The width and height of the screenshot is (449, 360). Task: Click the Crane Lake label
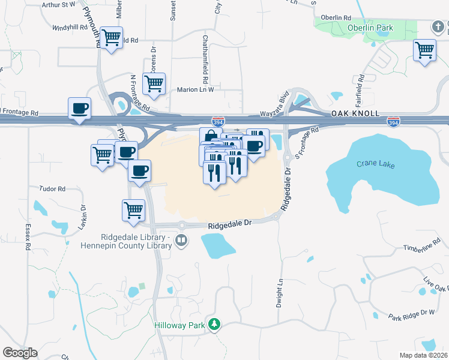coord(375,164)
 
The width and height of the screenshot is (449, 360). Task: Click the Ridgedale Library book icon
coord(181,241)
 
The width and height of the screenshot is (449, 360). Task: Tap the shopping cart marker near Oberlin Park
coord(424,49)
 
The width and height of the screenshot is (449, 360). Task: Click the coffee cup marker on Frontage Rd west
coord(79,109)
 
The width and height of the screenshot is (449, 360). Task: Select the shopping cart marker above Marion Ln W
coord(154,83)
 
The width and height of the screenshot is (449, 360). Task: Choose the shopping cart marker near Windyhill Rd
coord(111,38)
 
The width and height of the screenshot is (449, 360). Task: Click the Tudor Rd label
coord(52,188)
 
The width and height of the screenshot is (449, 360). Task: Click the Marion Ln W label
coord(195,89)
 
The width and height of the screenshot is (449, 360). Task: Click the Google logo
coord(20,352)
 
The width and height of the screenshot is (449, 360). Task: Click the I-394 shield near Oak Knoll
coord(393,122)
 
